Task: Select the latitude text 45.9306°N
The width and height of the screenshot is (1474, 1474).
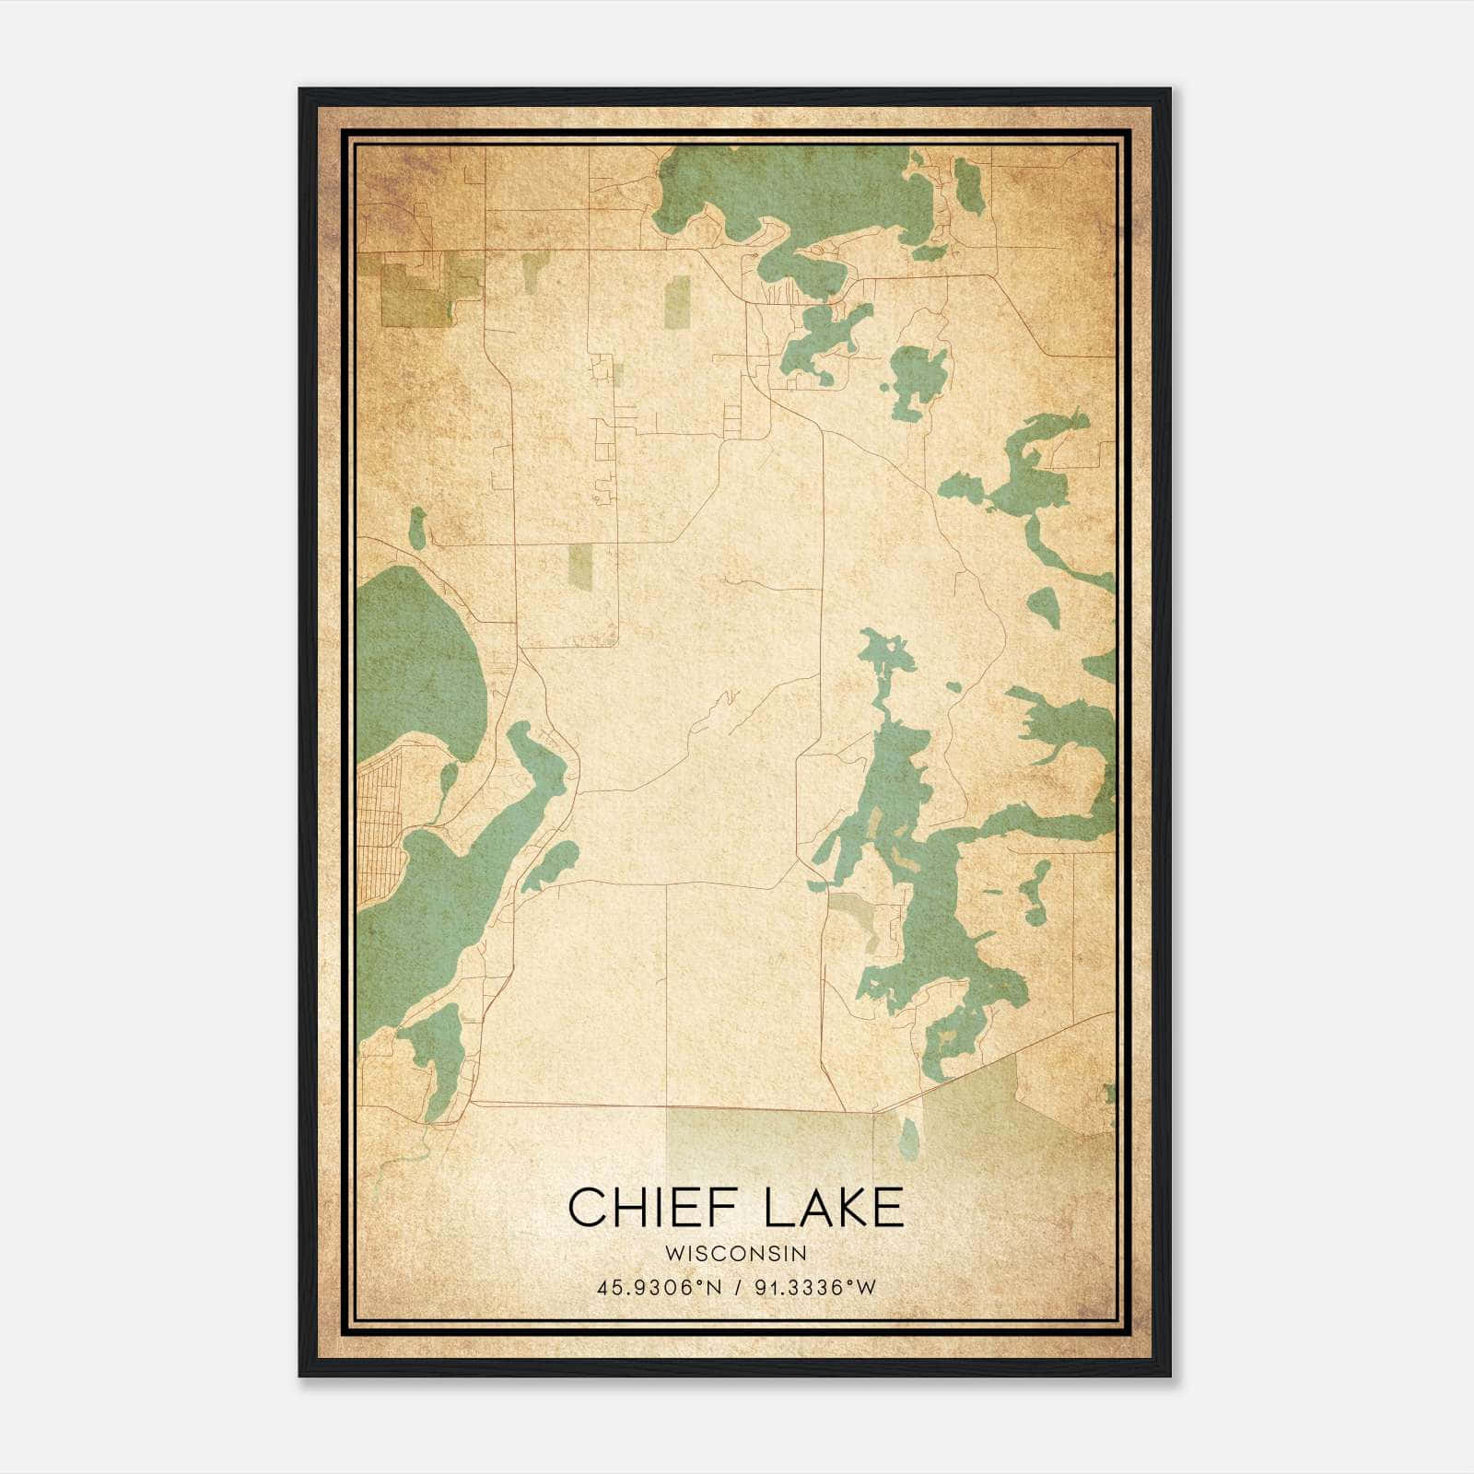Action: [x=658, y=1288]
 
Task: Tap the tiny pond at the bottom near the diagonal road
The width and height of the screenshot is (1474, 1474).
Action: [x=908, y=1139]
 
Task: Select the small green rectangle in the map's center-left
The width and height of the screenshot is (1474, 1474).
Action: [x=580, y=565]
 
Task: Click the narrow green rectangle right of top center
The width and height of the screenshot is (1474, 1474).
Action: [x=678, y=302]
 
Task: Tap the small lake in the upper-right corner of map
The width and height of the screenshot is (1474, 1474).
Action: [x=968, y=184]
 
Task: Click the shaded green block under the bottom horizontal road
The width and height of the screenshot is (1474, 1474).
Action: [x=765, y=1142]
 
